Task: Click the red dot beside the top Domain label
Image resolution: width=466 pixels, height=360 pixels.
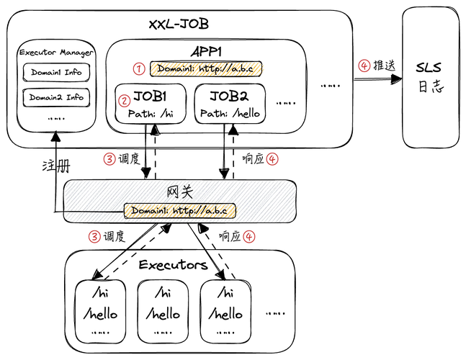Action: (x=139, y=69)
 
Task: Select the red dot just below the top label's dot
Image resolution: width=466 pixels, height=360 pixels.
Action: (x=125, y=101)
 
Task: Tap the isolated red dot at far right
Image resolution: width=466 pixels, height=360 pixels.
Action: (x=364, y=66)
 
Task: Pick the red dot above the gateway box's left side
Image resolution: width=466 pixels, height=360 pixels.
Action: (x=109, y=158)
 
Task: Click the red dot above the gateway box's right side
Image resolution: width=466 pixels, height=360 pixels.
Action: (x=272, y=158)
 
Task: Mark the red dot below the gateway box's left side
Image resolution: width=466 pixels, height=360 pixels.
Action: (x=94, y=236)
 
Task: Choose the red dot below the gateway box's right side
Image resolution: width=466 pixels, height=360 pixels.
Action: (x=249, y=236)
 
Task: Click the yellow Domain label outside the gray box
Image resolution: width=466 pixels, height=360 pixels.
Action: (x=208, y=69)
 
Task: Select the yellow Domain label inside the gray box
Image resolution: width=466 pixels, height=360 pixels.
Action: (x=180, y=211)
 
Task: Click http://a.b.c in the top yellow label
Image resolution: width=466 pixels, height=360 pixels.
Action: (x=227, y=69)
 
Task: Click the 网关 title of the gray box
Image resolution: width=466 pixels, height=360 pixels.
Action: (x=179, y=192)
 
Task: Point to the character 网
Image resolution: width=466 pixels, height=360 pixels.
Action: (x=173, y=192)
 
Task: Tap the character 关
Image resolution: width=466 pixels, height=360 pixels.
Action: (x=187, y=192)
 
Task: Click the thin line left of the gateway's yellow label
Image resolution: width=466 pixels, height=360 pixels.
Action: (x=94, y=212)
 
